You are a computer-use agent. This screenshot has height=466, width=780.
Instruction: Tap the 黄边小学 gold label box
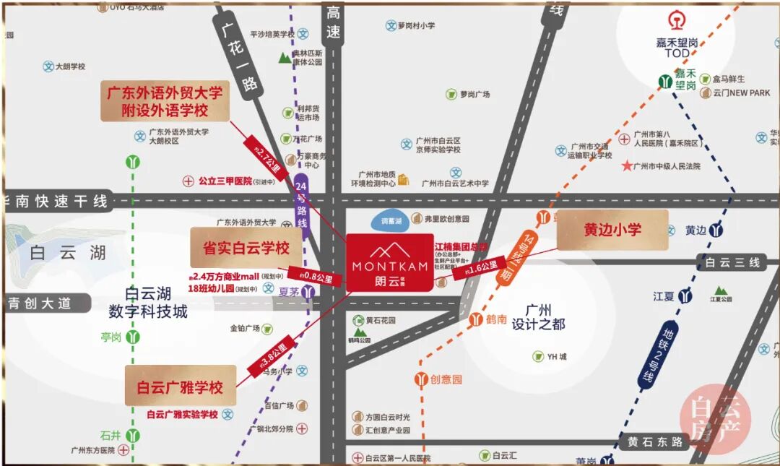click(612, 230)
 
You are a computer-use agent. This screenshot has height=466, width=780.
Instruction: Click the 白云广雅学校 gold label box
click(181, 387)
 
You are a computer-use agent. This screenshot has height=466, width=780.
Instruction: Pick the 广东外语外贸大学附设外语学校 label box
click(165, 101)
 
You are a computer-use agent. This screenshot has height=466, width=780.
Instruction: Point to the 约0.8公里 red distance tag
click(315, 276)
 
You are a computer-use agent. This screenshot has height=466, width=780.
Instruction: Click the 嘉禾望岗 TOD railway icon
click(677, 20)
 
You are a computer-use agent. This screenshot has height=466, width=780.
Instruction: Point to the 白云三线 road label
click(732, 263)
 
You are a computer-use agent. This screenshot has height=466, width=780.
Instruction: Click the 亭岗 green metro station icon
click(133, 337)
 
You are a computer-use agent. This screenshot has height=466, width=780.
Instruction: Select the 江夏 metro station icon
click(685, 296)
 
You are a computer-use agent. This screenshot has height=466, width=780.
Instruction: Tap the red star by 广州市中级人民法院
click(626, 165)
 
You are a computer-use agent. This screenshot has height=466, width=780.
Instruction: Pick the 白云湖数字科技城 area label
click(148, 303)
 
